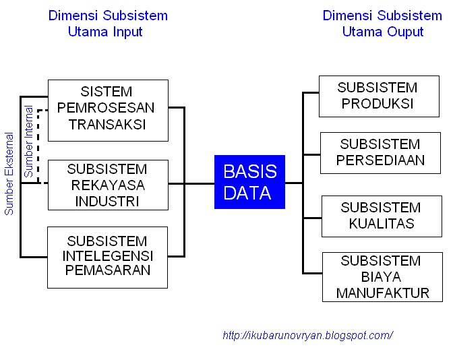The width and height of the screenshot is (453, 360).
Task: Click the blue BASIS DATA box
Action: click(x=249, y=182)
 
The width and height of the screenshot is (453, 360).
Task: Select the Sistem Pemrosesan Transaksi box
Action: click(x=108, y=110)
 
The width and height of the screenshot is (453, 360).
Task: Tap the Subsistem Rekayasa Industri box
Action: click(x=108, y=184)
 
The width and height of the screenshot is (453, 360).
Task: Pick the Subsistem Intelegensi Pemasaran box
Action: click(x=108, y=258)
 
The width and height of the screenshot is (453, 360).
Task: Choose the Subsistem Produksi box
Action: click(x=377, y=96)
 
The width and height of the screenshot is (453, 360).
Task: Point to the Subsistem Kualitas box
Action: click(x=381, y=216)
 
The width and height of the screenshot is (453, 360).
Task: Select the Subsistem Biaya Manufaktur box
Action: click(x=382, y=276)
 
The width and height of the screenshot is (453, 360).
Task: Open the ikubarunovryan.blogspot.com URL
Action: click(x=307, y=335)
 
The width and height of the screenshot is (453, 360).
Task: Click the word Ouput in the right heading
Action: click(x=402, y=32)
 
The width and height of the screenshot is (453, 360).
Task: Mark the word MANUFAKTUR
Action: click(x=383, y=293)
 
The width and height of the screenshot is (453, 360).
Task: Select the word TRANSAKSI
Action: click(x=107, y=125)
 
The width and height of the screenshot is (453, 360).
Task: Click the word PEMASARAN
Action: click(x=107, y=271)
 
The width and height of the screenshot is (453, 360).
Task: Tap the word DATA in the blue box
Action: click(x=247, y=193)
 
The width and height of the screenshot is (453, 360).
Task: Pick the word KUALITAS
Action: click(x=381, y=223)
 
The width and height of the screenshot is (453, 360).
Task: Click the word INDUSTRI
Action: click(x=107, y=200)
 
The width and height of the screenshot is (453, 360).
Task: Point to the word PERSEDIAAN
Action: click(x=381, y=160)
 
